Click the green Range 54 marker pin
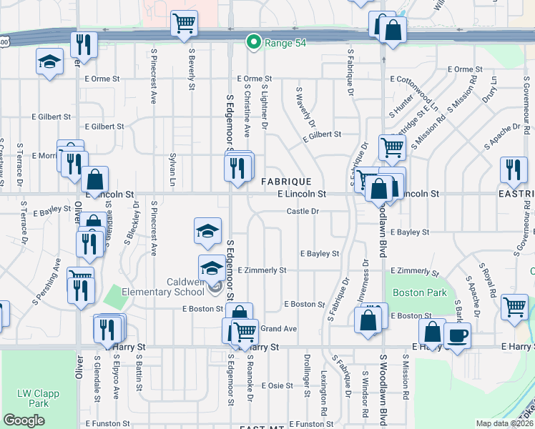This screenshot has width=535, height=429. (x=252, y=43)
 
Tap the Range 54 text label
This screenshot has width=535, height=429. (x=285, y=44)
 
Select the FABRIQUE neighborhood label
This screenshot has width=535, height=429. (x=285, y=182)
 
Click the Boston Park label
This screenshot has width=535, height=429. (x=419, y=292)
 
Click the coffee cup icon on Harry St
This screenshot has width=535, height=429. (x=458, y=336)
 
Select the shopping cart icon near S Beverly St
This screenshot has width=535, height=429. (x=184, y=24)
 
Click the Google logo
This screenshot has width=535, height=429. (x=24, y=420)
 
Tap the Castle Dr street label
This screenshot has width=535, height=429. (x=303, y=211)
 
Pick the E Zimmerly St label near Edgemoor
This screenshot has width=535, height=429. (x=262, y=270)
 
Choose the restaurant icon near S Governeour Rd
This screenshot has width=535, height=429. (x=513, y=169)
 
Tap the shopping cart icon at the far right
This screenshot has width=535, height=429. (x=515, y=307)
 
